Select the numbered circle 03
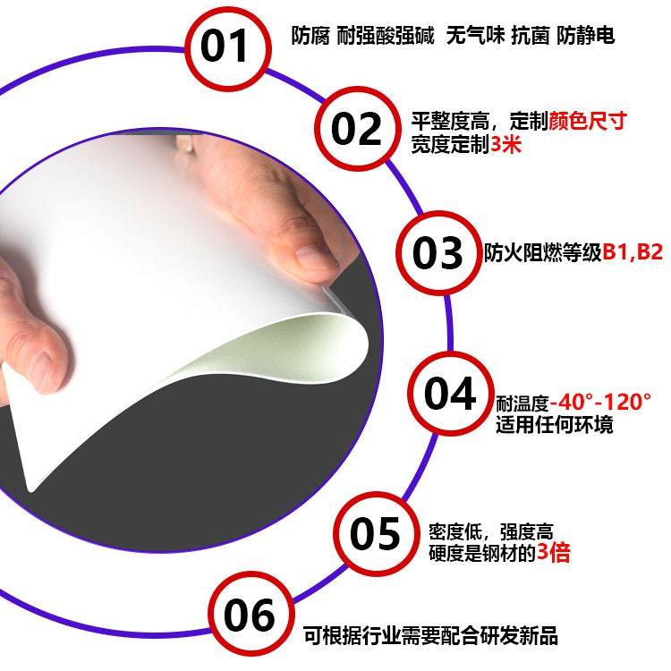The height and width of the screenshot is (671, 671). click(437, 252)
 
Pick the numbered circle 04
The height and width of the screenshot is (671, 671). click(450, 394)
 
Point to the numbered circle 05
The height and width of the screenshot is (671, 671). click(376, 535)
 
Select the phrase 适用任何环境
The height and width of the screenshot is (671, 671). click(555, 424)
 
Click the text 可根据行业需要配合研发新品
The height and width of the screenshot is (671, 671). click(430, 635)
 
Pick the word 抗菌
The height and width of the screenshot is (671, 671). click(527, 37)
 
